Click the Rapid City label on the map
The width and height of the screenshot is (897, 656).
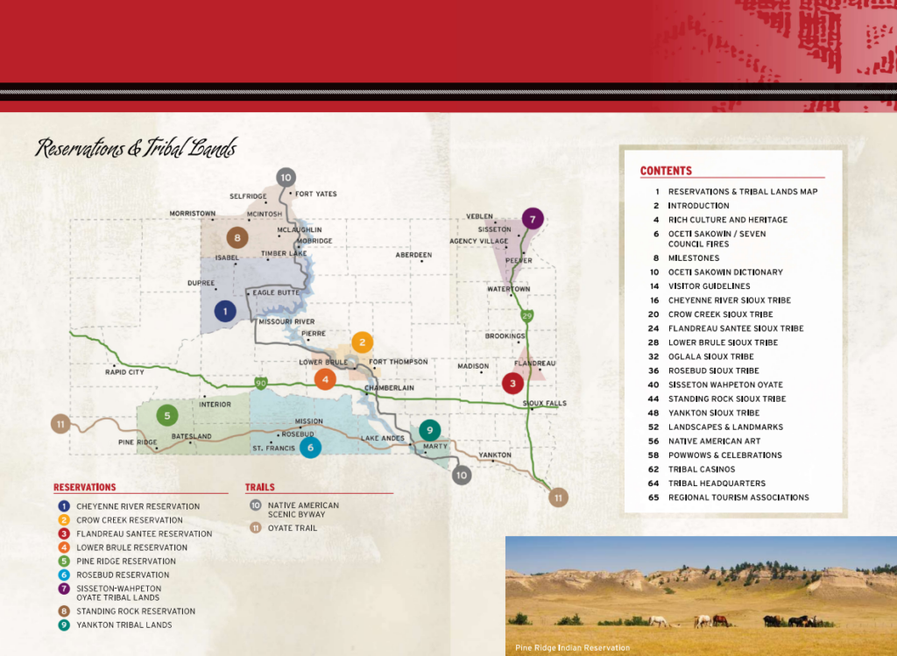tap(124, 371)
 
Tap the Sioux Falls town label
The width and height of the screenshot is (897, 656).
tap(544, 403)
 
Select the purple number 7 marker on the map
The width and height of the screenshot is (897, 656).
tap(532, 218)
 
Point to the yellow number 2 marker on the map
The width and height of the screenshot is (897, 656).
tap(363, 342)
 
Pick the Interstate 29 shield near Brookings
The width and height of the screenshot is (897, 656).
tap(526, 315)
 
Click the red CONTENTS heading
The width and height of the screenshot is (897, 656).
tap(666, 171)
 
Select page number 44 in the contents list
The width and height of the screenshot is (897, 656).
tap(653, 399)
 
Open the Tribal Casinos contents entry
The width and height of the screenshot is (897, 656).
tap(702, 469)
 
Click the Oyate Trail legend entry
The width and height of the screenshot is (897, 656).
tap(293, 528)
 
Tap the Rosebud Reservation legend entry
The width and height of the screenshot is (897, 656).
tap(123, 575)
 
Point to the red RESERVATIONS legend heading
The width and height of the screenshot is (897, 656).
tap(84, 487)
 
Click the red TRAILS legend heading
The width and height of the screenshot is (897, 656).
tap(259, 487)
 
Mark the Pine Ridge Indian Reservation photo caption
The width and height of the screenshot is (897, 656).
tap(572, 648)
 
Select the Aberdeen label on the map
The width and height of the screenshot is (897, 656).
tap(413, 255)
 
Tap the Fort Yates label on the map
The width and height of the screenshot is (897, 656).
tap(315, 194)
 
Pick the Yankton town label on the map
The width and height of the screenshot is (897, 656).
tap(495, 455)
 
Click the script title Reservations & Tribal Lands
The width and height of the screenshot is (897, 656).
tap(136, 148)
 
